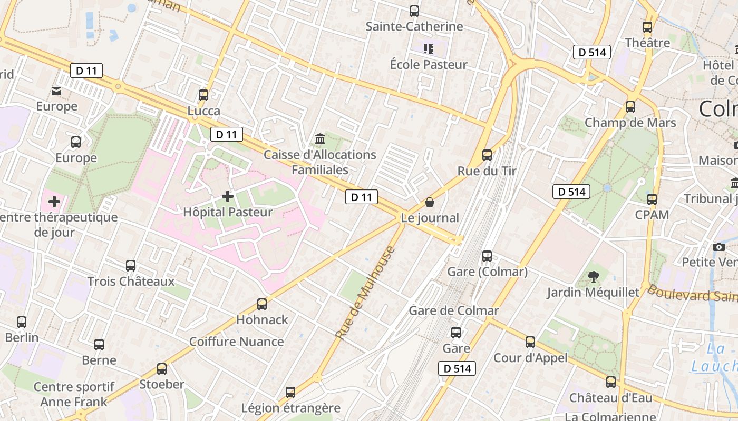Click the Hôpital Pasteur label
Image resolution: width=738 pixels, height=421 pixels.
pyautogui.click(x=227, y=212)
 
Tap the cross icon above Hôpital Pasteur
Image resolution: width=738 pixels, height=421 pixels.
pyautogui.click(x=228, y=196)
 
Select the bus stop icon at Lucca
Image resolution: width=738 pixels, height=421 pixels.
pyautogui.click(x=203, y=95)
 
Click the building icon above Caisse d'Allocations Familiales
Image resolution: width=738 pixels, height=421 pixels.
pyautogui.click(x=319, y=139)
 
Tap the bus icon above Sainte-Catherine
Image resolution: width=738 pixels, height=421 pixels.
pyautogui.click(x=414, y=11)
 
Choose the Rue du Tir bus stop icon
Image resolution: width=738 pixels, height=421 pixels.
pyautogui.click(x=487, y=155)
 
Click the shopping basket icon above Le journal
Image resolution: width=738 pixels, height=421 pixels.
pyautogui.click(x=430, y=202)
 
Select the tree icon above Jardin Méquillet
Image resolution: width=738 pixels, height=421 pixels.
pyautogui.click(x=593, y=276)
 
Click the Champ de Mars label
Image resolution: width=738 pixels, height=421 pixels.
pyautogui.click(x=630, y=123)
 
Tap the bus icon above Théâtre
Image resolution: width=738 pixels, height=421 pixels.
pyautogui.click(x=647, y=27)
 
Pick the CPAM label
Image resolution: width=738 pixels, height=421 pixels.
pyautogui.click(x=652, y=215)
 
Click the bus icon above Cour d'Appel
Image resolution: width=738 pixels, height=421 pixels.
pyautogui.click(x=530, y=342)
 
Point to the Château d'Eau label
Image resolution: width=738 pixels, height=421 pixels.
pyautogui.click(x=610, y=397)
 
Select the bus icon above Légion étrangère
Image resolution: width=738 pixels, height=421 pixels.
pyautogui.click(x=290, y=392)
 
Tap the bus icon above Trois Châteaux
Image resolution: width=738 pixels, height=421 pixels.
pyautogui.click(x=131, y=266)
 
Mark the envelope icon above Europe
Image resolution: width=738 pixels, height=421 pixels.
pyautogui.click(x=56, y=92)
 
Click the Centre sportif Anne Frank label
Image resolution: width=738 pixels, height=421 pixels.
pyautogui.click(x=74, y=394)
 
